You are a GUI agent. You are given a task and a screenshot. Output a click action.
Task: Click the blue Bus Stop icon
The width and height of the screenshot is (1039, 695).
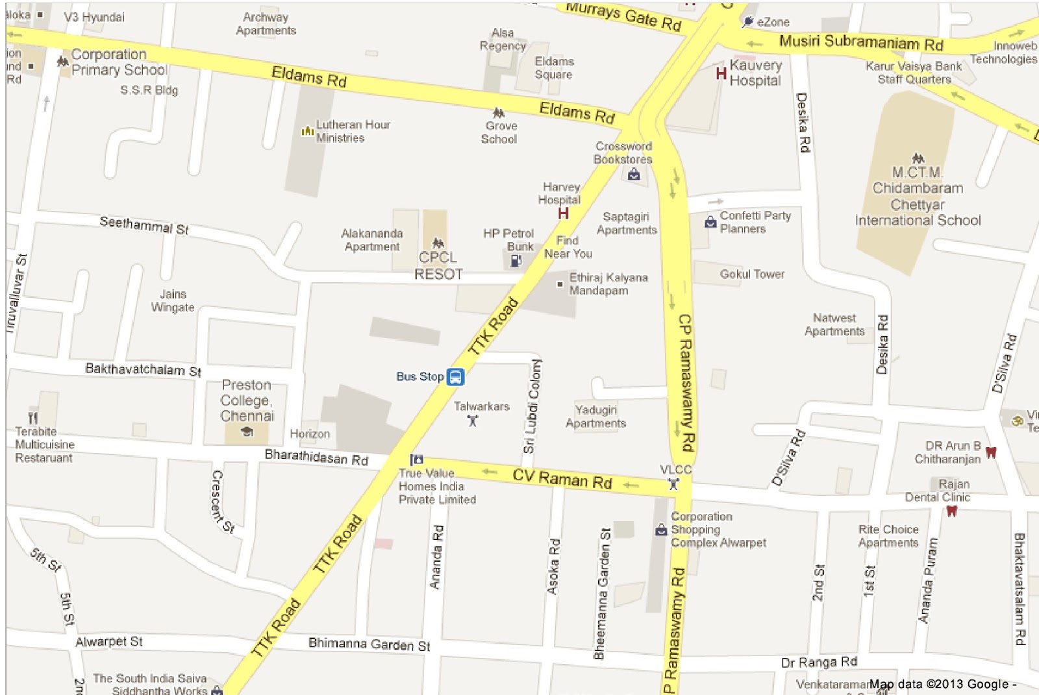[x=455, y=376]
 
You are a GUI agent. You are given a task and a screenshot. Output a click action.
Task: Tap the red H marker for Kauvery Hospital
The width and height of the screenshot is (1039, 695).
[x=721, y=73]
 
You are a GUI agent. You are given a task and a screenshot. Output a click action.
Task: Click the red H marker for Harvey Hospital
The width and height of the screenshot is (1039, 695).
[x=563, y=213]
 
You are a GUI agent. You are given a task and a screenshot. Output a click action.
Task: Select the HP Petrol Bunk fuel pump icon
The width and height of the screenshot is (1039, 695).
[x=516, y=260]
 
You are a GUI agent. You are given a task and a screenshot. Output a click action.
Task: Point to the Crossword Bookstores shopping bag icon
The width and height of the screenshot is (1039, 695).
[x=634, y=174]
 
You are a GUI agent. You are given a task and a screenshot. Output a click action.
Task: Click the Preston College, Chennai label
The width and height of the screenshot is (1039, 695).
[x=247, y=400]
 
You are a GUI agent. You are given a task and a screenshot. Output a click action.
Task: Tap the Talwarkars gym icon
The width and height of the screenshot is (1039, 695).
[x=473, y=421]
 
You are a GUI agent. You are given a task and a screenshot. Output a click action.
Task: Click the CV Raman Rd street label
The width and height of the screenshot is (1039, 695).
[x=562, y=478]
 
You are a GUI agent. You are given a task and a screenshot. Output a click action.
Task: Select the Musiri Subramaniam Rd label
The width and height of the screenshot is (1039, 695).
[x=860, y=43]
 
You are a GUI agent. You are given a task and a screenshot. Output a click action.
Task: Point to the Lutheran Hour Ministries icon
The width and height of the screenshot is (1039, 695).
[x=307, y=131]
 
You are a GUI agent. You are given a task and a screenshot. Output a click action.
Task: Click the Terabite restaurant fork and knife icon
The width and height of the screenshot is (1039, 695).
[x=33, y=418]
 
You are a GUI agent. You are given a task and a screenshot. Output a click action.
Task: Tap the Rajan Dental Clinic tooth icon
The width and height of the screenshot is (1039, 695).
[x=951, y=511]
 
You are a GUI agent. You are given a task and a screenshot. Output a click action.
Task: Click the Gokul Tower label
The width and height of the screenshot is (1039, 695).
[x=752, y=274]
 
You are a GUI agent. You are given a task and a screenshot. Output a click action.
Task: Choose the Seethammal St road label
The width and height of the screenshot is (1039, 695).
[x=144, y=225]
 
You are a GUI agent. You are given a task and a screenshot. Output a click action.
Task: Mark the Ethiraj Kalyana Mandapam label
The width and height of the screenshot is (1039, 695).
[x=608, y=284]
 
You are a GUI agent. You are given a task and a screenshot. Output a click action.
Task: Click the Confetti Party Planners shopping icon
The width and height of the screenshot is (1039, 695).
[x=710, y=223]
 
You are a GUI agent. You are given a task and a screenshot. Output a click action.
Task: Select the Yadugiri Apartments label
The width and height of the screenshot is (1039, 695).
[x=595, y=416]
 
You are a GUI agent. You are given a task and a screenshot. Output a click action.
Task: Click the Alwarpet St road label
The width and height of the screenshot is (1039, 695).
[x=108, y=642]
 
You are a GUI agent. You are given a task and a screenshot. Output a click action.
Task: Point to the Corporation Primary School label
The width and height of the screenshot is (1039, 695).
[x=119, y=62]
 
